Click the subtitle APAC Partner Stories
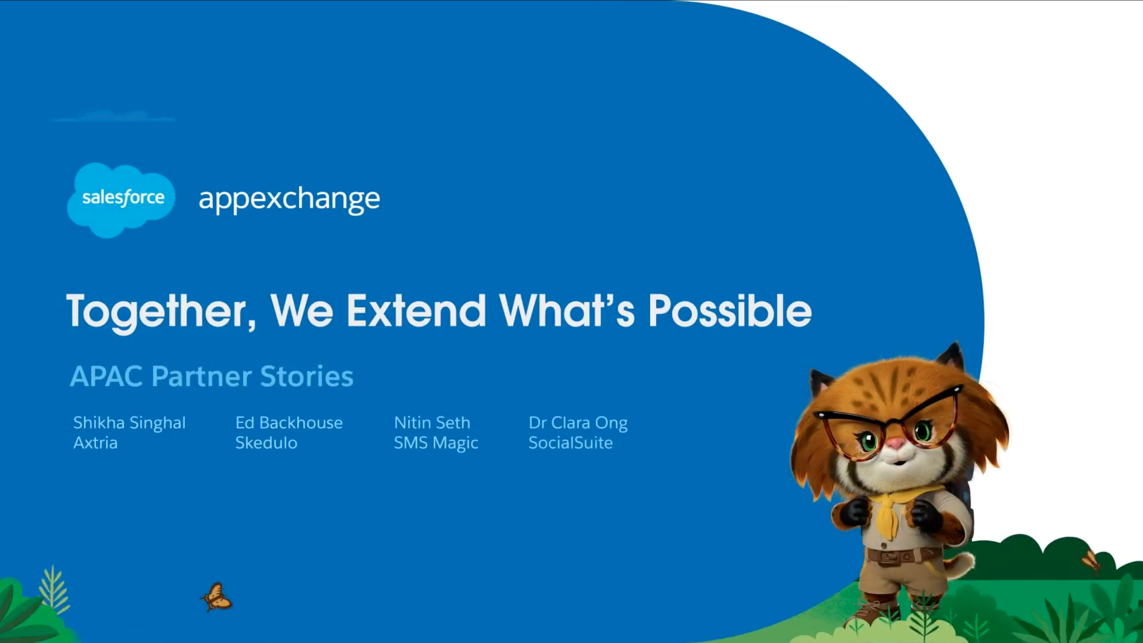point(212,376)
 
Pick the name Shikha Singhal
point(129,423)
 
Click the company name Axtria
point(95,443)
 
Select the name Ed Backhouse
point(289,423)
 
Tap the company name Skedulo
point(266,443)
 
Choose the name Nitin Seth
point(432,423)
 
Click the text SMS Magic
point(436,443)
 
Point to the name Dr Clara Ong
point(578,423)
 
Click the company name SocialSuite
point(570,443)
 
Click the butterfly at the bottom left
point(217,597)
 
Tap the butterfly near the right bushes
point(1091,560)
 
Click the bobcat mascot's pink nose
point(896,443)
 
